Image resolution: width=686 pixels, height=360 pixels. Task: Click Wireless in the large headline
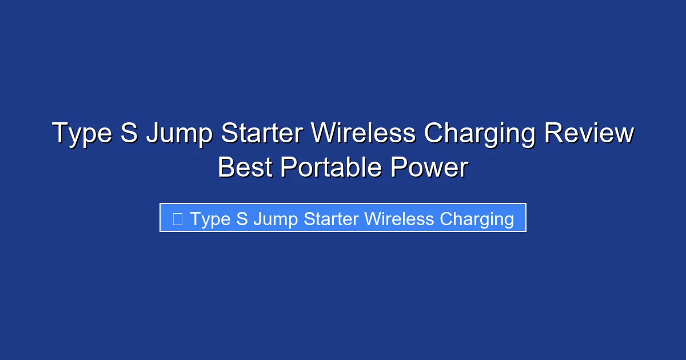click(x=363, y=134)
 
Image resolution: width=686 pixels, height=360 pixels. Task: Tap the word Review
click(x=589, y=134)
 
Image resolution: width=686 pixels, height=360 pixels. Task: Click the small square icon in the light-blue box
click(x=177, y=219)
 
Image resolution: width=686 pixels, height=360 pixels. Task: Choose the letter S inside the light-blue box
click(x=242, y=219)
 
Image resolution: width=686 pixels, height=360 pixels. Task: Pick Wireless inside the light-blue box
click(x=399, y=219)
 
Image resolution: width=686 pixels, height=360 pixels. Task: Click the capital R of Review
click(x=552, y=134)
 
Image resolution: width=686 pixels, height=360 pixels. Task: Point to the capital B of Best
click(x=226, y=168)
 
